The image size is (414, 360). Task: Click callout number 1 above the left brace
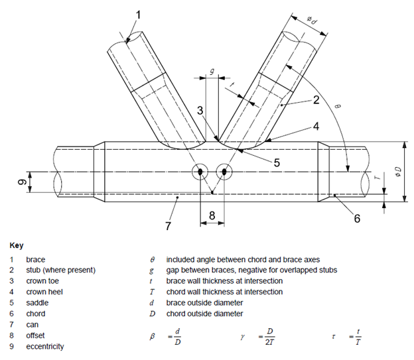138,13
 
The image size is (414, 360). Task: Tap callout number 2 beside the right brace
317,100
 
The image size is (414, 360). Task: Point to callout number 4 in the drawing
316,126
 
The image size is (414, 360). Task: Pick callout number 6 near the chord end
357,217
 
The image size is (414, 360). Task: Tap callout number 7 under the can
168,226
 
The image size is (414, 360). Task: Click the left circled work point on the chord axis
200,172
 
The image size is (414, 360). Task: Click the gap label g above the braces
211,70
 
